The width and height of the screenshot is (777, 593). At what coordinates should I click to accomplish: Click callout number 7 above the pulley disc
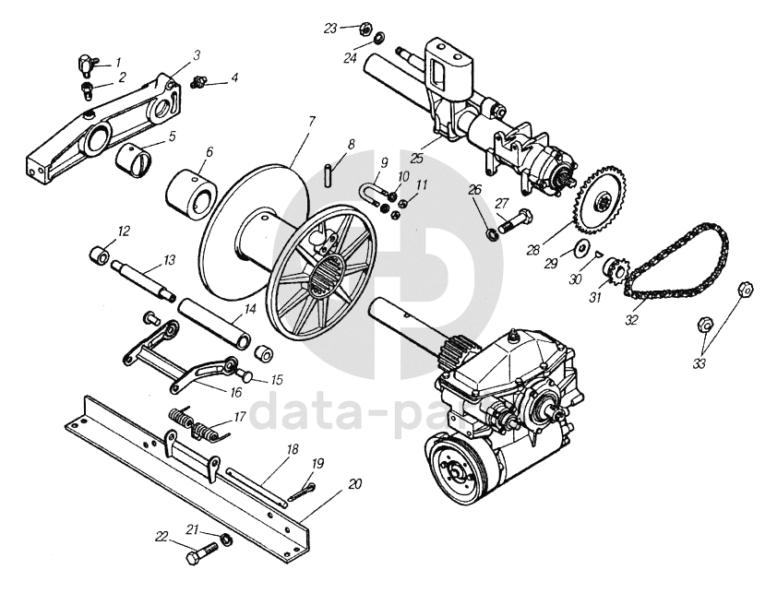[312, 121]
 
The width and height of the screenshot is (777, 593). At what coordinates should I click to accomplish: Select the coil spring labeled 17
[197, 424]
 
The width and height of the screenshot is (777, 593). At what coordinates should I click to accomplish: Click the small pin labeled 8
[329, 175]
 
